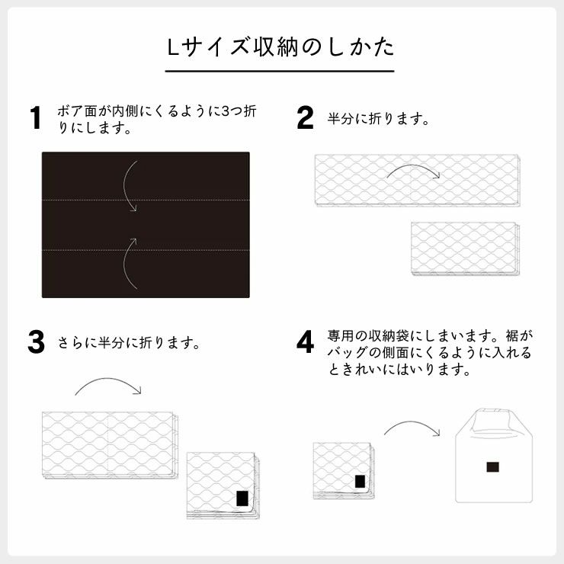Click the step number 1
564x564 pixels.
tap(34, 118)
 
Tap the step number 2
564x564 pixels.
tap(305, 118)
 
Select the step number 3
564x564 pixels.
tap(36, 342)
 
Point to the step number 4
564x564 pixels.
tap(305, 342)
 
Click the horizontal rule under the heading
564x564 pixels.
tap(281, 71)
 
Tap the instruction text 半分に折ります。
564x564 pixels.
tap(379, 119)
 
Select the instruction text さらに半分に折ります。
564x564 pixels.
tap(130, 343)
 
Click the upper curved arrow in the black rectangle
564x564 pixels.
tap(131, 185)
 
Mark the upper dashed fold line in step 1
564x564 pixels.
tap(76, 200)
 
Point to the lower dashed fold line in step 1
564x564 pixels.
tap(76, 249)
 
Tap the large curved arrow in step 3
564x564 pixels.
tap(108, 384)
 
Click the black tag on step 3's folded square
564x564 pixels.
tap(242, 498)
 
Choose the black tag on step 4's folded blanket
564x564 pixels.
tap(360, 482)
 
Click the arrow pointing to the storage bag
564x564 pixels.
tap(412, 431)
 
